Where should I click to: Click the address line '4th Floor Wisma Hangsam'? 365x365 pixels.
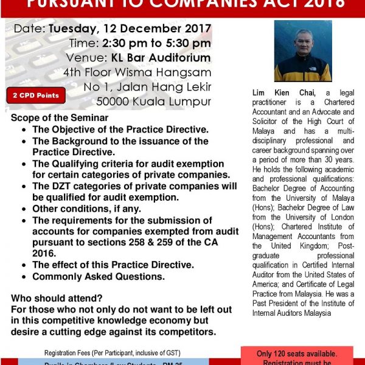(x=147, y=72)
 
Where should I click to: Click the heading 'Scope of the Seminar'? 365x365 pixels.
(x=60, y=117)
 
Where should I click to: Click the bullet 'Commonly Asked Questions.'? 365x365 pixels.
(x=99, y=277)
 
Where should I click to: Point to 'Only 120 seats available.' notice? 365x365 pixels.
(x=297, y=353)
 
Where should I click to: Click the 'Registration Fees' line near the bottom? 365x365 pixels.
(x=119, y=353)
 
